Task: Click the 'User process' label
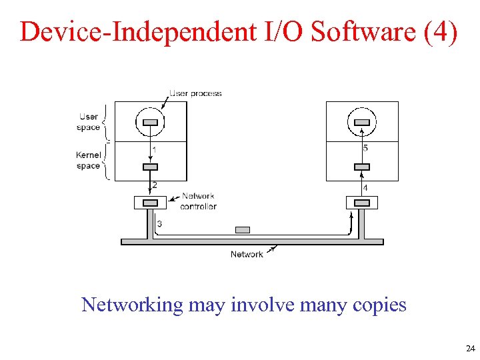(x=195, y=93)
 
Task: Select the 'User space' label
(x=89, y=122)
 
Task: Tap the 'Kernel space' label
(x=88, y=161)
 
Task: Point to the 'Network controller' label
(x=198, y=201)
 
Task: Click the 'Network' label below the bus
(x=247, y=254)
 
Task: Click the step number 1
(x=155, y=149)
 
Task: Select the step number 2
(x=155, y=185)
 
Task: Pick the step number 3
(x=159, y=224)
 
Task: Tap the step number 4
(x=365, y=188)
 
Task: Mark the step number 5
(x=365, y=148)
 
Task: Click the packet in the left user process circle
(x=151, y=122)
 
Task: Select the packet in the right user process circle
(x=361, y=122)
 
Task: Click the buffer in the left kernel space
(x=151, y=166)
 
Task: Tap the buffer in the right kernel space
(x=361, y=166)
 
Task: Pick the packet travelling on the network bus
(x=243, y=230)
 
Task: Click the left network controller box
(x=151, y=202)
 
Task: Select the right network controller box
(x=361, y=202)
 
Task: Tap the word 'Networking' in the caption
(x=131, y=305)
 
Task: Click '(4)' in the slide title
(x=441, y=31)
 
